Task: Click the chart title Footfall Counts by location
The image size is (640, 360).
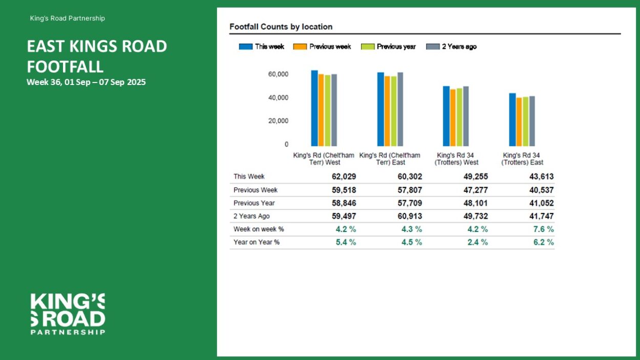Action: [281, 27]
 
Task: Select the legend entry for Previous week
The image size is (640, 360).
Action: [322, 47]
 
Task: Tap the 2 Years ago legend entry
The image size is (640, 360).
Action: [451, 47]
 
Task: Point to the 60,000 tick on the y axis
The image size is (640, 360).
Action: [278, 74]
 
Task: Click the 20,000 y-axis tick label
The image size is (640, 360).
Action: [278, 121]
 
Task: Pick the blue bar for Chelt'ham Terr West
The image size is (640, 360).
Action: [314, 108]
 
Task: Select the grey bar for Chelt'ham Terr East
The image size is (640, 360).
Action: [400, 109]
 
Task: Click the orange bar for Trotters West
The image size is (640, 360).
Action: [453, 118]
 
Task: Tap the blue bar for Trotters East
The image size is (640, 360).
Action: [512, 120]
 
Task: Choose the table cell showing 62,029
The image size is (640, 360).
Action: [344, 177]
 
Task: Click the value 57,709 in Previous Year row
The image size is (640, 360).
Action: [410, 203]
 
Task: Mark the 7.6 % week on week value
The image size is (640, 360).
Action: [543, 229]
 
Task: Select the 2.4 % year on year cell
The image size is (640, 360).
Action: [477, 242]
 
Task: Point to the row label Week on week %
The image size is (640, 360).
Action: [259, 229]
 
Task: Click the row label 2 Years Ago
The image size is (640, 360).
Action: [251, 216]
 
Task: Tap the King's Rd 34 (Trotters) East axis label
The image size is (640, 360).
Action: [522, 159]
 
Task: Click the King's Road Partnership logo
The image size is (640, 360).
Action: [68, 314]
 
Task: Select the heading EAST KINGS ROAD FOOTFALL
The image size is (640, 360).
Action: [97, 56]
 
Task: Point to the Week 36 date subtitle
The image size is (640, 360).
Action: [86, 82]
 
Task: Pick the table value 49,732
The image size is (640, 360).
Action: [476, 216]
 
